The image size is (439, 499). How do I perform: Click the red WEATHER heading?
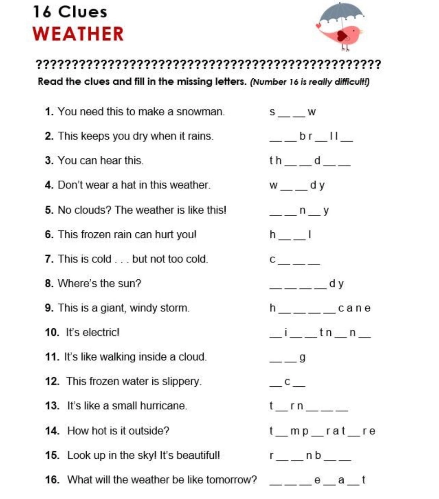pos(78,34)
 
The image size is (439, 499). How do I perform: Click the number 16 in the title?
pos(42,12)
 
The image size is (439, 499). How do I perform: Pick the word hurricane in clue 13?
pos(164,406)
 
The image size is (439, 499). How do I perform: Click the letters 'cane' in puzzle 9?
pos(354,308)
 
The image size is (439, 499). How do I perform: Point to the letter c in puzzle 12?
pos(287,382)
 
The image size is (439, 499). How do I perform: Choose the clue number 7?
pos(49,259)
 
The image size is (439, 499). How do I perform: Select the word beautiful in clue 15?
pos(198,455)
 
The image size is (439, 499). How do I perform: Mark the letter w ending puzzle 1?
pos(312,112)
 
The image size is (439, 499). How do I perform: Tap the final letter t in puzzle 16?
pos(363,480)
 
